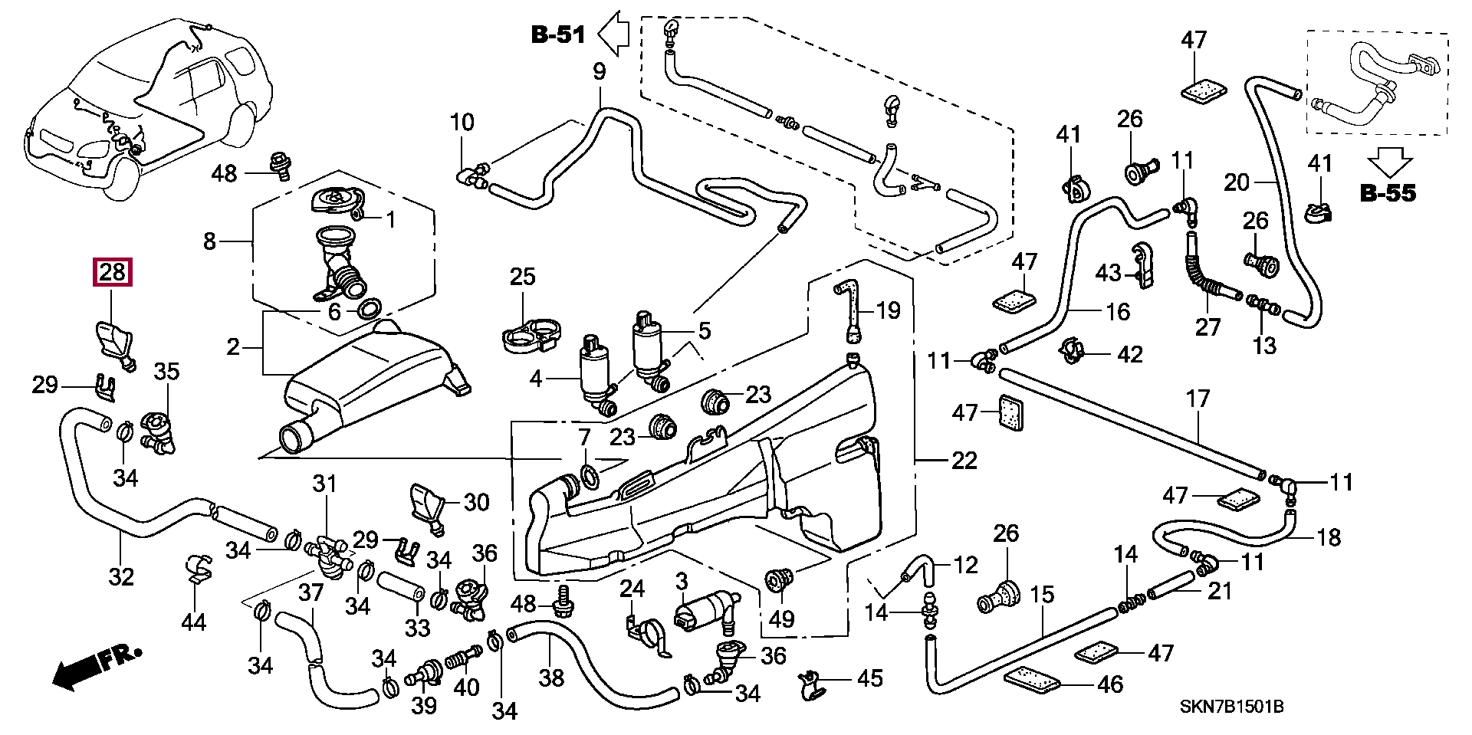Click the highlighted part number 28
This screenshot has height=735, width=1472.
(112, 272)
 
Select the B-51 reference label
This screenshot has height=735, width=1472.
(558, 34)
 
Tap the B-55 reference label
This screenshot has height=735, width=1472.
(1388, 193)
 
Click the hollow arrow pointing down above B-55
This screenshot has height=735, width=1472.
(1390, 163)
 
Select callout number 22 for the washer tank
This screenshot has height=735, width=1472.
(964, 460)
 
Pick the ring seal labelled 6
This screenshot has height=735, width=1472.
(369, 308)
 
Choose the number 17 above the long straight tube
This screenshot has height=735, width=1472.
(1198, 399)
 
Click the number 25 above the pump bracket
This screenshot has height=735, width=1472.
(522, 277)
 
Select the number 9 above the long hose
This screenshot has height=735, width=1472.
(599, 72)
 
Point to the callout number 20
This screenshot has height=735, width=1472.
(1237, 182)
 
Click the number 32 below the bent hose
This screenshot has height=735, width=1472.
(121, 576)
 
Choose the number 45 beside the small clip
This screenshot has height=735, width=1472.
(869, 678)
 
